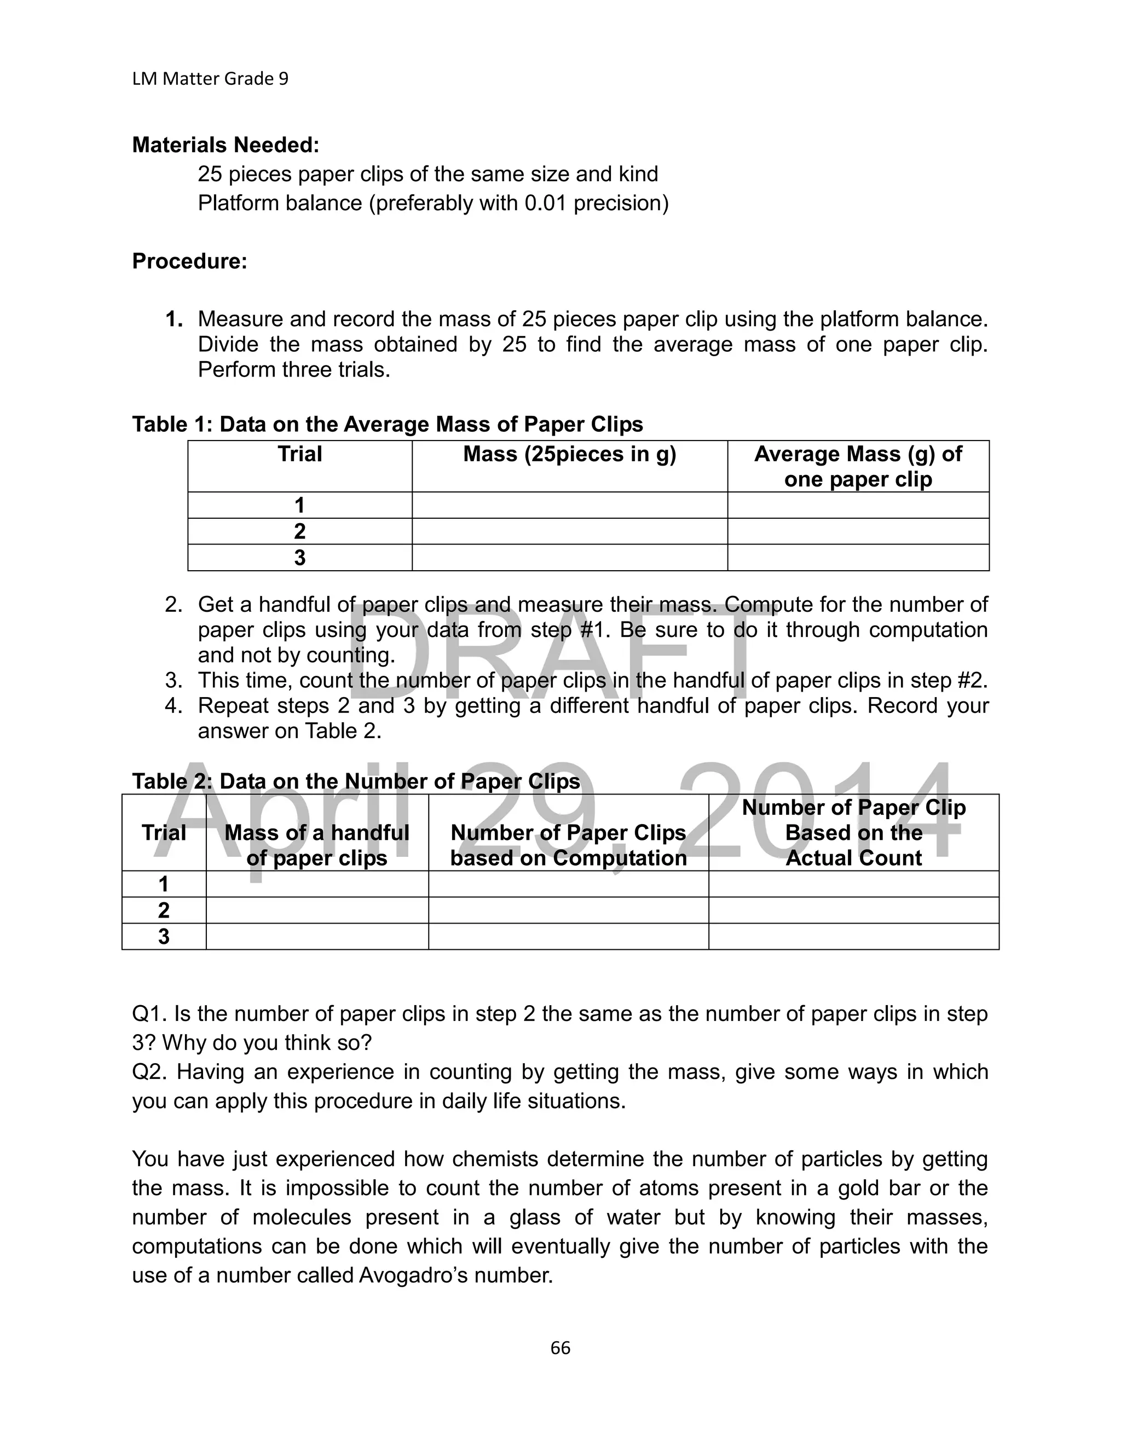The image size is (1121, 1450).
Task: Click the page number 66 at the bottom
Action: tap(560, 1347)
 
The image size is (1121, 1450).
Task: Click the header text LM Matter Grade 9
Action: tap(210, 79)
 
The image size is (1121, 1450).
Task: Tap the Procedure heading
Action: tap(189, 261)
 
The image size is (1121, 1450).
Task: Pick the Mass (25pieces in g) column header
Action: tap(569, 454)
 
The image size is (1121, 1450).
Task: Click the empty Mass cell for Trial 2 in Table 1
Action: tap(569, 531)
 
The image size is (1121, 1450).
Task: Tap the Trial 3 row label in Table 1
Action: tap(299, 558)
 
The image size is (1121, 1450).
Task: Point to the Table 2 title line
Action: tap(356, 781)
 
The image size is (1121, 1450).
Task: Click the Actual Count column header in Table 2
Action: tap(853, 833)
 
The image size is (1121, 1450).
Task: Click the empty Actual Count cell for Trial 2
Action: tap(853, 910)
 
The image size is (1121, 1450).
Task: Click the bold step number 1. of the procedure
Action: tap(174, 320)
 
